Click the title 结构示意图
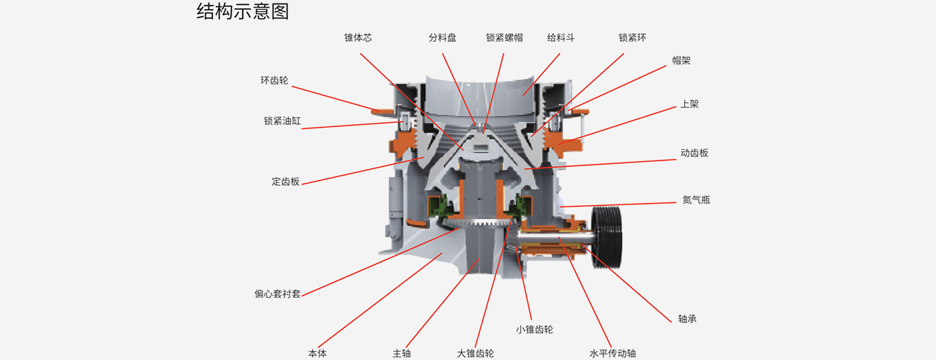pos(243,12)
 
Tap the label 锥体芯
pos(358,38)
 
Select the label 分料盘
pos(442,38)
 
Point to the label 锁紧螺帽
pos(504,38)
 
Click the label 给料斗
pos(561,38)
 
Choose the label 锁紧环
pos(632,38)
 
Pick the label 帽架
pos(681,61)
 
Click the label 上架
pos(690,104)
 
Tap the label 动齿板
pos(695,153)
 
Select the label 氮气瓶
pos(696,200)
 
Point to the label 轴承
pos(688,319)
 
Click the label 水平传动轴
pos(612,354)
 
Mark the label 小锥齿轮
pos(534,330)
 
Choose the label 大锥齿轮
pos(476,354)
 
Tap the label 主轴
pos(402,354)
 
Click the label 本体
pos(317,354)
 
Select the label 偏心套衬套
pos(278,294)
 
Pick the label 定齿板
pos(285,181)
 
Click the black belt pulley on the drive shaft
pos(607,237)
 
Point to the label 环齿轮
pos(275,80)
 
